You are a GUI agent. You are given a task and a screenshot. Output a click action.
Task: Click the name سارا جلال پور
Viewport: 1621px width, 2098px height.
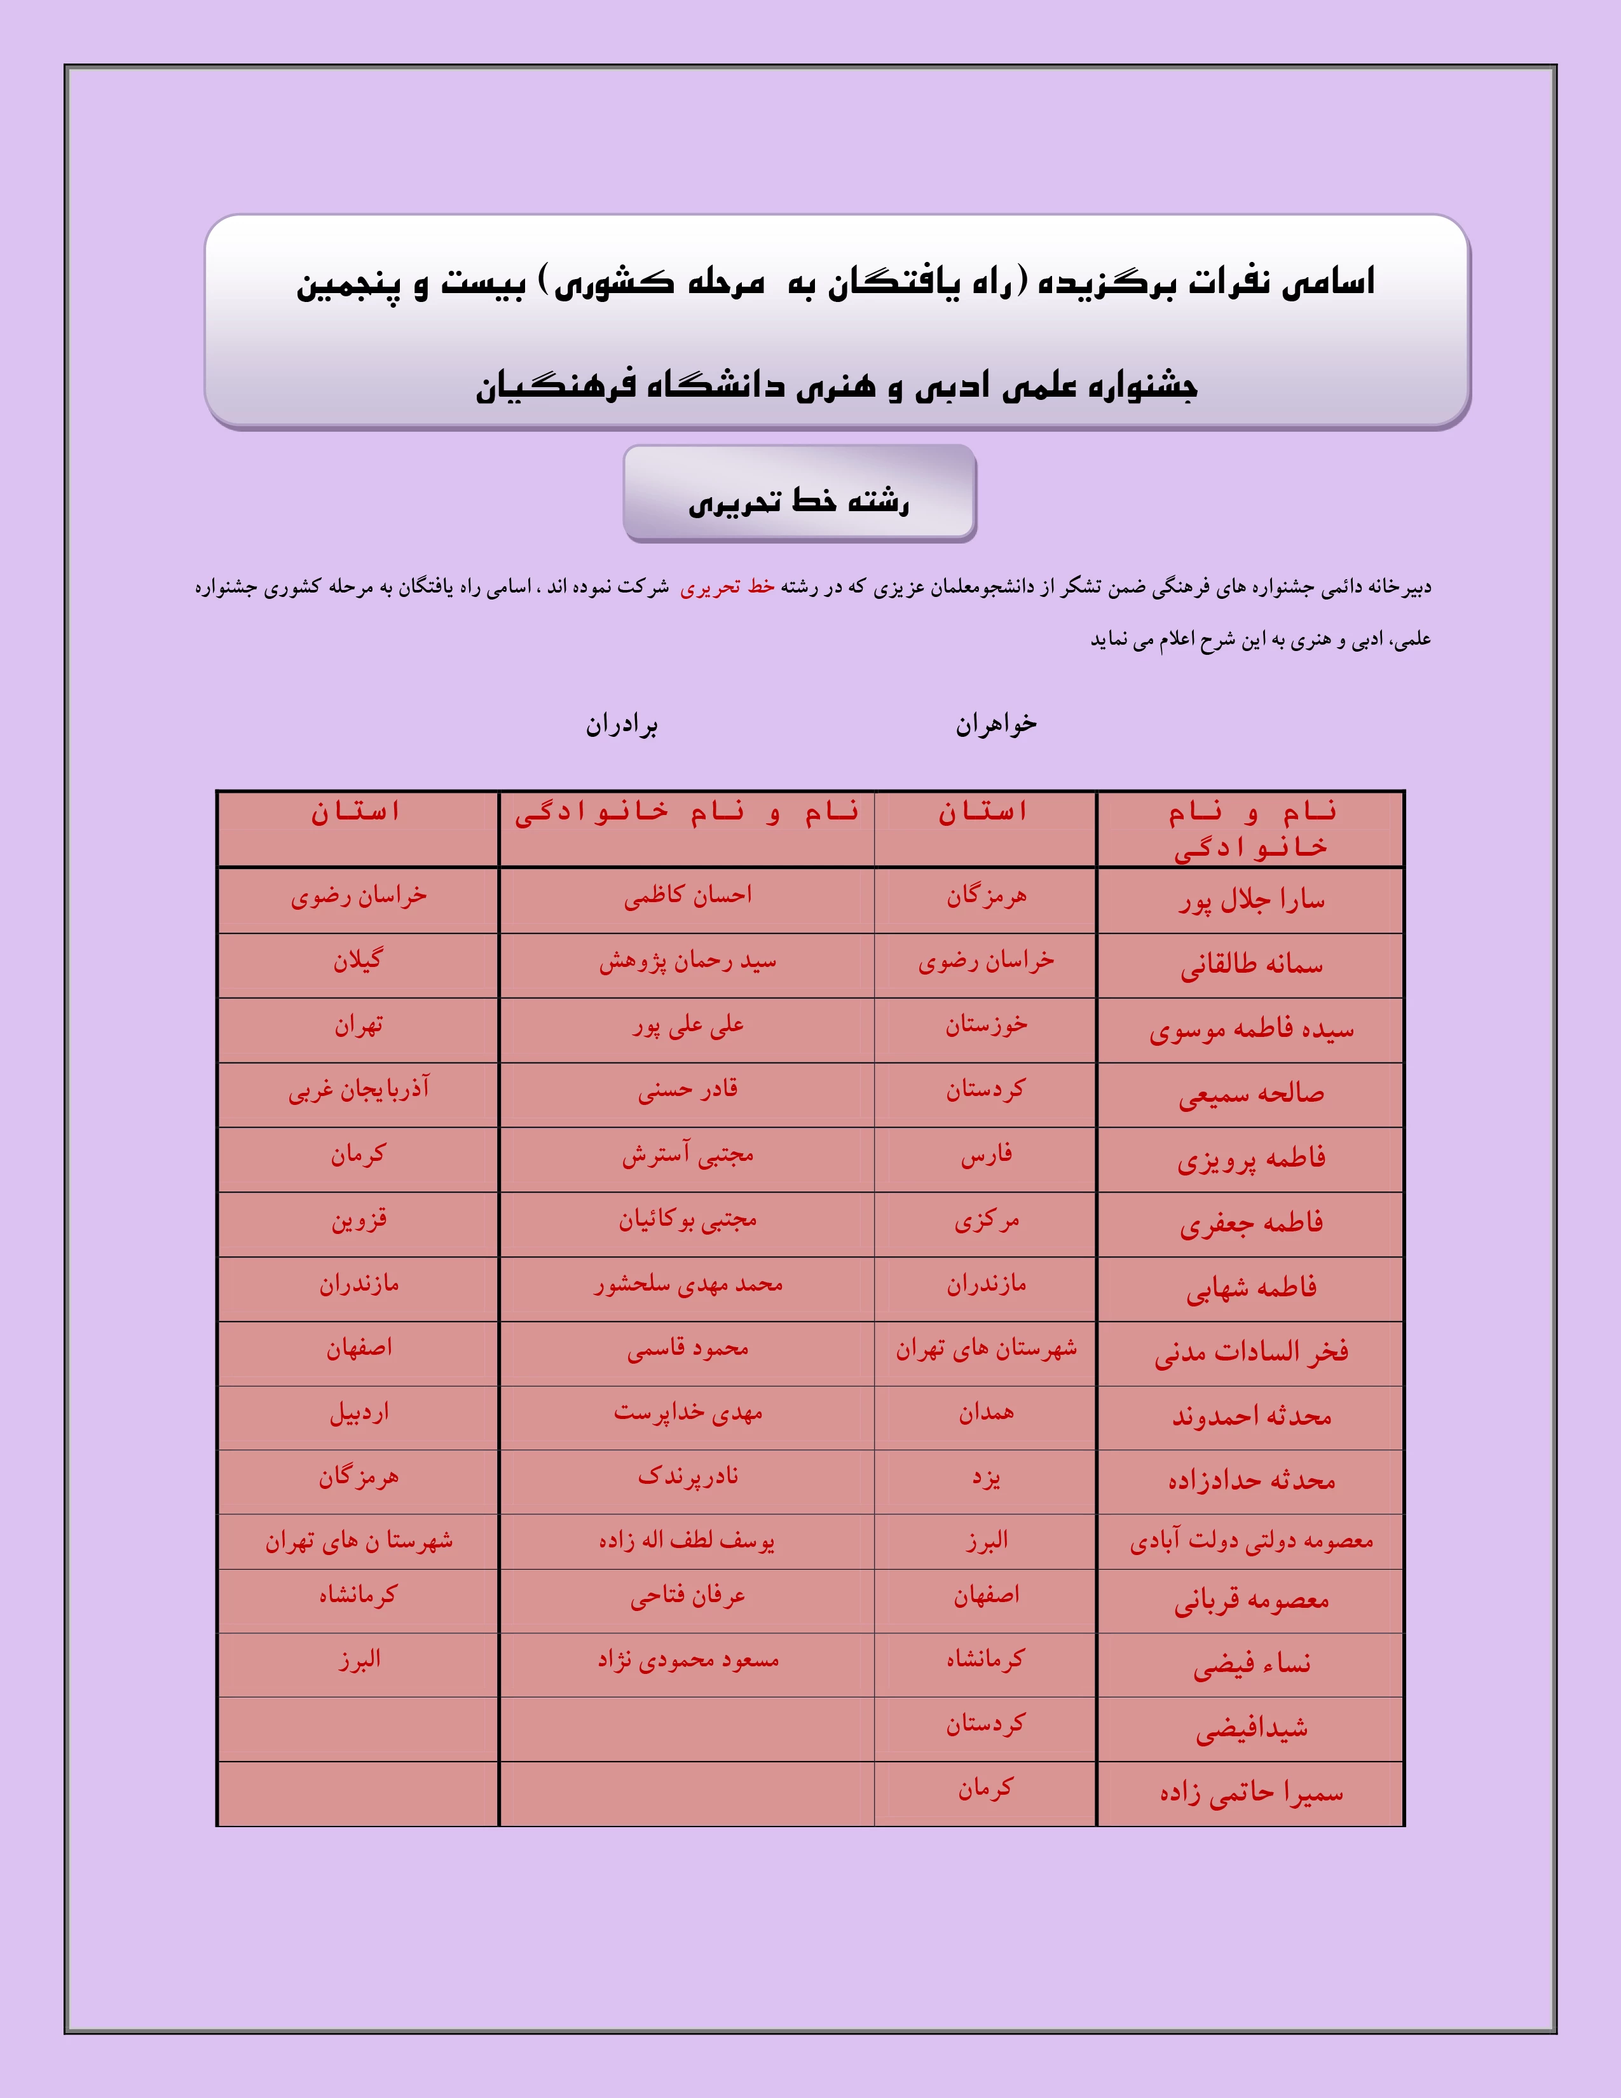coord(1250,900)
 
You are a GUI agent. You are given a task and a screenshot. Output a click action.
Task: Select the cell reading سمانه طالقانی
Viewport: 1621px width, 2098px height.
coord(1250,964)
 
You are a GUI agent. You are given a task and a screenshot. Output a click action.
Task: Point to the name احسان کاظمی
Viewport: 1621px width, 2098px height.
coord(688,895)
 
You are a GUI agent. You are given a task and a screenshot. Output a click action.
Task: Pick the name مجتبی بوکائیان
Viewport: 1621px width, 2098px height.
coord(688,1220)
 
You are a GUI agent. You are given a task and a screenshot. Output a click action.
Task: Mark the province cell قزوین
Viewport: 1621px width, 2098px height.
coord(358,1220)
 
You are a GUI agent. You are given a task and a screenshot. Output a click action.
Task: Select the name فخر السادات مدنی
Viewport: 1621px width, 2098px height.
coord(1250,1352)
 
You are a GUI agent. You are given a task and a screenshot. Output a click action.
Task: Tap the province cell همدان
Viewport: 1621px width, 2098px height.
coord(985,1413)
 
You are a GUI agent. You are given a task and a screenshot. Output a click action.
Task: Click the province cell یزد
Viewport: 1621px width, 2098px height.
coord(985,1478)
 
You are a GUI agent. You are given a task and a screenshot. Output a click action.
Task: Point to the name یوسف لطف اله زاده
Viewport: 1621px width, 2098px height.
coord(688,1541)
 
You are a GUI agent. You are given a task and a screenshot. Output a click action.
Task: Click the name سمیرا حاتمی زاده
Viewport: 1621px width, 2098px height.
coord(1250,1793)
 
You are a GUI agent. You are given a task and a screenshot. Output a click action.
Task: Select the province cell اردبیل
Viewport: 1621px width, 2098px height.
coord(358,1413)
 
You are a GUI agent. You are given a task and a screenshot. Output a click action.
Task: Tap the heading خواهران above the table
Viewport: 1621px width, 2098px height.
coord(996,724)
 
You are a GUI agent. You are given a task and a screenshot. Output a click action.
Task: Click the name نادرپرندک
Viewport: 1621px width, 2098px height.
coord(688,1476)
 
